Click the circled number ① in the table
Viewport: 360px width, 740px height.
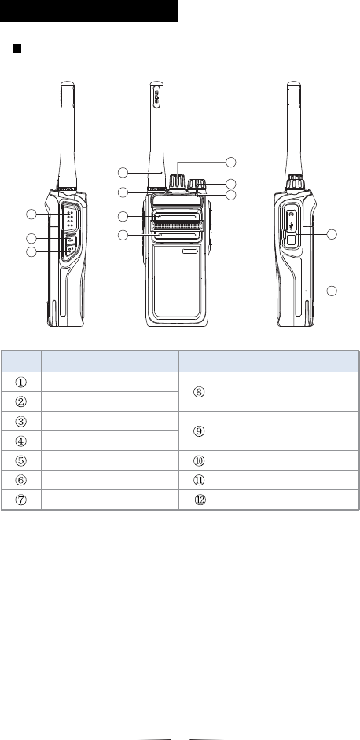click(x=20, y=381)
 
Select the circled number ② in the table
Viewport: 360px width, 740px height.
click(x=20, y=401)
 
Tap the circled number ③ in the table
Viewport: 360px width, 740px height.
click(x=20, y=421)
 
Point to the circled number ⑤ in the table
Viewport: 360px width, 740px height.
click(x=20, y=460)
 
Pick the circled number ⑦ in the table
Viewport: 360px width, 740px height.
click(x=20, y=500)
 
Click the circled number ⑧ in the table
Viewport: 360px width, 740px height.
click(x=199, y=392)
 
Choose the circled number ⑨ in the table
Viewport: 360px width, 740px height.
click(x=199, y=430)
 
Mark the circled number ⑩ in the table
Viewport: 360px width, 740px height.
click(x=199, y=460)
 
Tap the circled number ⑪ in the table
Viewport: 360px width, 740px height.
click(x=199, y=480)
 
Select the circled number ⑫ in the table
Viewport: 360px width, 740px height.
click(x=200, y=500)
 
